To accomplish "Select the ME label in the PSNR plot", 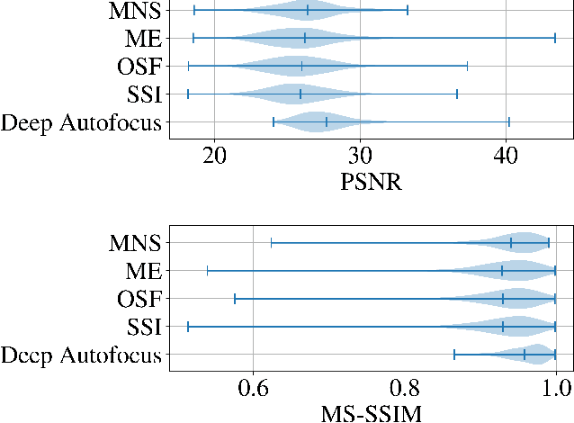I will click(143, 39).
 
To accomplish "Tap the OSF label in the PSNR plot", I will click(139, 67).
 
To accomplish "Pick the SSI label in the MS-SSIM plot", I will click(144, 327).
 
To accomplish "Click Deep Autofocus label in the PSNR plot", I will click(82, 122).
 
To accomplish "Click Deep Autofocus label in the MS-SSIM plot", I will click(82, 355).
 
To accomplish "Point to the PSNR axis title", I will click(371, 183).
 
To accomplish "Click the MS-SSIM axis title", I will click(371, 413).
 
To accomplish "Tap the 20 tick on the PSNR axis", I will click(214, 155).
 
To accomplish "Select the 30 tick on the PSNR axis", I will click(360, 155).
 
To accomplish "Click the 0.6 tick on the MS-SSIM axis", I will click(253, 387).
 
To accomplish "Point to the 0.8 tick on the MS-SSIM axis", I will click(404, 387).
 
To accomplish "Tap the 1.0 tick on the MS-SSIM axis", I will click(555, 387).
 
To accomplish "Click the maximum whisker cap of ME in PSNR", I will click(555, 38).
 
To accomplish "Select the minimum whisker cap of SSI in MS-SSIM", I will click(188, 327).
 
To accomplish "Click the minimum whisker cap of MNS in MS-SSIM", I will click(271, 242).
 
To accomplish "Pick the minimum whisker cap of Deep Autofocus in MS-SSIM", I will click(454, 355).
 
